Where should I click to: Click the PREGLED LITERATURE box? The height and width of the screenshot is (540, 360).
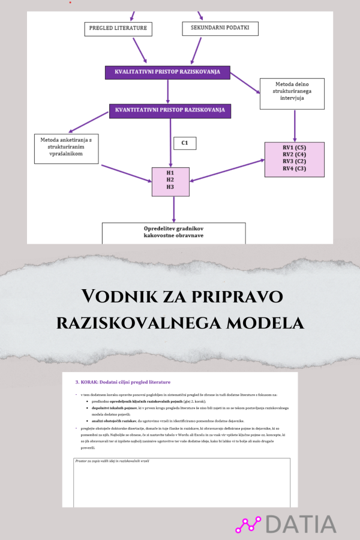(118, 28)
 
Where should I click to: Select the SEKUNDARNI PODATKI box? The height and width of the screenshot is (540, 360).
(220, 28)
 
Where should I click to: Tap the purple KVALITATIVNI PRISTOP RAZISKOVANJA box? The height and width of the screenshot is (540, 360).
(167, 72)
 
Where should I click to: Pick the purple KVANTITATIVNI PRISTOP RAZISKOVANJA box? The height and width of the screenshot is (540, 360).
(170, 110)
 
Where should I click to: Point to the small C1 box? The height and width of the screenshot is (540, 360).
(185, 143)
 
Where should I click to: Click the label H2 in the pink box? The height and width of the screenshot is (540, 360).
(170, 179)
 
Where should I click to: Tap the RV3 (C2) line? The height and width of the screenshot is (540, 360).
(294, 161)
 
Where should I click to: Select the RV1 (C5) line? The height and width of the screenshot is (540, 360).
(294, 147)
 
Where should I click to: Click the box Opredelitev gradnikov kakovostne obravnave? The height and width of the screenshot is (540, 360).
(173, 232)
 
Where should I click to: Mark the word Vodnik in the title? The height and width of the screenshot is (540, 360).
(118, 296)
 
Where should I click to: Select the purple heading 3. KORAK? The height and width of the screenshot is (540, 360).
(123, 382)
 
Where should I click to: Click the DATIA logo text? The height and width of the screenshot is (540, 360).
(301, 523)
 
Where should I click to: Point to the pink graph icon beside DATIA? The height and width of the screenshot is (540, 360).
(248, 524)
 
